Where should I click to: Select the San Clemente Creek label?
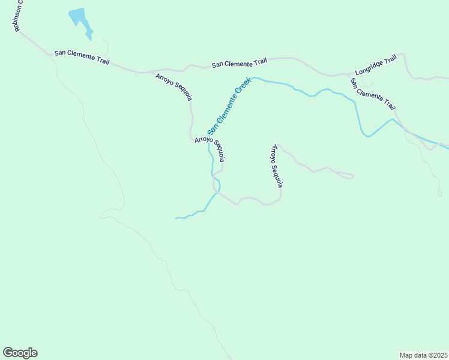point(229,108)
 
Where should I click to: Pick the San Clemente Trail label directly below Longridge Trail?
point(373,94)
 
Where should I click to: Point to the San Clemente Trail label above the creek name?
point(239,63)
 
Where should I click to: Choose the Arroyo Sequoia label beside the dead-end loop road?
point(277,166)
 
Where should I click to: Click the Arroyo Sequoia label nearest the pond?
point(174,86)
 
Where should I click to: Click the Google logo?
point(20,353)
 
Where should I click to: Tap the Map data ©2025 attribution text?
point(423,355)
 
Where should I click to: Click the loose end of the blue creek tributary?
point(176,218)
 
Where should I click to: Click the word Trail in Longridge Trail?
point(390,59)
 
